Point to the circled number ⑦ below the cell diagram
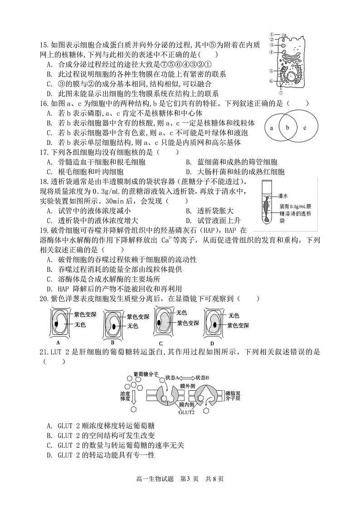tap(281, 93)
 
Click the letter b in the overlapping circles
tap(287, 128)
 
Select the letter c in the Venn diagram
tap(305, 128)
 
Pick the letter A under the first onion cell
tap(58, 342)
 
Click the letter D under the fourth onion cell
tap(212, 343)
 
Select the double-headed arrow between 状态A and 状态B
tap(190, 377)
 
